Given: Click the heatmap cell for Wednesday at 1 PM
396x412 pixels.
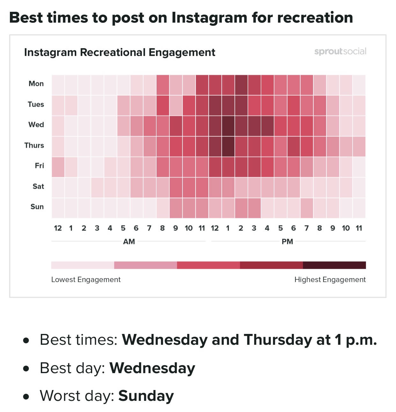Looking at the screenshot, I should point(228,126).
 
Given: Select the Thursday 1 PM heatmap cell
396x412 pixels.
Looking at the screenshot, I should point(228,146).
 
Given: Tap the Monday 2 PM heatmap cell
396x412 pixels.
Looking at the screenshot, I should point(241,85).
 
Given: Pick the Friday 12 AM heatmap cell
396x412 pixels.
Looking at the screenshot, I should point(58,167).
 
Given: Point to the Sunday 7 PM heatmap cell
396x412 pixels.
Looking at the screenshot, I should point(307,208).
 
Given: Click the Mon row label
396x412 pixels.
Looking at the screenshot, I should point(36,84).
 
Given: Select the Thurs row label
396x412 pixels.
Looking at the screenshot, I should point(34,145).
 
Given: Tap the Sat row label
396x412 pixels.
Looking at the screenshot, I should point(38,186).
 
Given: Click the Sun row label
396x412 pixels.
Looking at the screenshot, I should point(37,207).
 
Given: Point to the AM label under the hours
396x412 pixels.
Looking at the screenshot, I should point(129,242).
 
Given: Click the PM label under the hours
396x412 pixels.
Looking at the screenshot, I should point(287,242).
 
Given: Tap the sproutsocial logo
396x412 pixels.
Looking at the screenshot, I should point(340,51).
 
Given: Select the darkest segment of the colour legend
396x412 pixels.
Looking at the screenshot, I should point(334,265).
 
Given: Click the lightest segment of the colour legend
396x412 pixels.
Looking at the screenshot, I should point(83,265).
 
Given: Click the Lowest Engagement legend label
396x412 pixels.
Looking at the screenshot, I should point(86,280).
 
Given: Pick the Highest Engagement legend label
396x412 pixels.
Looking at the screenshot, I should point(330,280).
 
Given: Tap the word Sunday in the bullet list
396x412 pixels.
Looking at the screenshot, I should point(146,396).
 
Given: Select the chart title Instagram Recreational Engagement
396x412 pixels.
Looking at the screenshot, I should point(120,52).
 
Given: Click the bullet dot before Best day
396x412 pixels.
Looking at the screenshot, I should point(26,369).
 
